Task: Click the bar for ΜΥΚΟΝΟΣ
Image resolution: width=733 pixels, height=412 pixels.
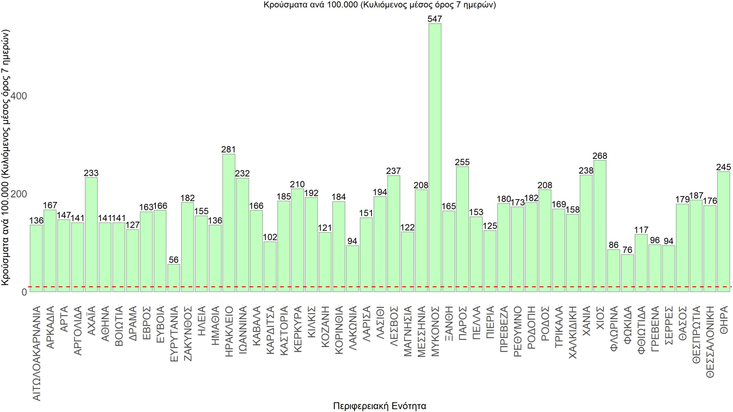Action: [435, 157]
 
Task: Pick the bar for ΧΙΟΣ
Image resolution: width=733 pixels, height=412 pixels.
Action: [600, 226]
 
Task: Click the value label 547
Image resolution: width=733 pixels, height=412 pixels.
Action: [435, 19]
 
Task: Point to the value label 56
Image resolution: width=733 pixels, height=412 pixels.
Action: [174, 260]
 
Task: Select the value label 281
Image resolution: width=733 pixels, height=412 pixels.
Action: [228, 149]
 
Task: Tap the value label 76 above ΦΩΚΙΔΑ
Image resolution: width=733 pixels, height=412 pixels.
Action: [627, 250]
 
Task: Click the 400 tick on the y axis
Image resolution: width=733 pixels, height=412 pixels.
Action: [18, 96]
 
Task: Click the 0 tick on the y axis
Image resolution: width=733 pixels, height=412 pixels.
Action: [24, 292]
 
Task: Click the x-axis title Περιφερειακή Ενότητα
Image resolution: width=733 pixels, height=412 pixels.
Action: [380, 406]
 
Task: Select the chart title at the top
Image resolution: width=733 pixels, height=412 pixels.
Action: [380, 5]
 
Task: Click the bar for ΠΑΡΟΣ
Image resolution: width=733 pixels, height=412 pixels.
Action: [462, 229]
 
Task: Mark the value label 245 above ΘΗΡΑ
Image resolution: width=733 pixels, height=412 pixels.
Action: [724, 167]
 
